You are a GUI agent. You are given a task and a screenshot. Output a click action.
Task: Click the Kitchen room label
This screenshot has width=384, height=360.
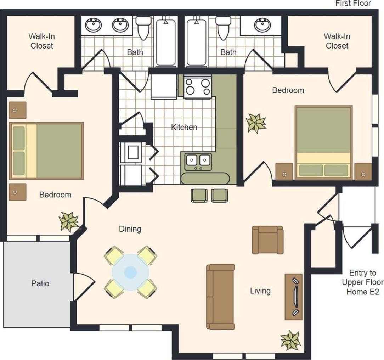[x=184, y=127]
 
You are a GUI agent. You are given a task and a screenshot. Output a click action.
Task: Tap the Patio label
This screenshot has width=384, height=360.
[x=40, y=283]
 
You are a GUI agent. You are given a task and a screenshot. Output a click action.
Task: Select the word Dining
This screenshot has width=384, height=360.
[x=130, y=229]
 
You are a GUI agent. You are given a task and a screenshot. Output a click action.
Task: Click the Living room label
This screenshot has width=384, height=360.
[x=260, y=291]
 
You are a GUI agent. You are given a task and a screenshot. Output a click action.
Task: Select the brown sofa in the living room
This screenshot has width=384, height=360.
[x=220, y=297]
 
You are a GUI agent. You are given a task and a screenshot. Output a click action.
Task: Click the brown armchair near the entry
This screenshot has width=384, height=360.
[x=268, y=240]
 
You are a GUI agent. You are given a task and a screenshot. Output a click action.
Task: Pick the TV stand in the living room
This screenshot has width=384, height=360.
[x=294, y=297]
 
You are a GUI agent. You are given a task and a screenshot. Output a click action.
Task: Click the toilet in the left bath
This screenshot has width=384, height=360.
[x=143, y=28]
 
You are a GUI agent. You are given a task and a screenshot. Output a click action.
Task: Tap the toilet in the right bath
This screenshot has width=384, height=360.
[x=224, y=28]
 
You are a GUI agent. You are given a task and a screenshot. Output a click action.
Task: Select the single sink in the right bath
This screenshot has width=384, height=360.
[x=262, y=25]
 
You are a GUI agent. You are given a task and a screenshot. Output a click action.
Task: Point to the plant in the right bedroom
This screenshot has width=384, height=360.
[x=256, y=123]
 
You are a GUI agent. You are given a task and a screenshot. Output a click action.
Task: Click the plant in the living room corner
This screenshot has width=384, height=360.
[x=290, y=340]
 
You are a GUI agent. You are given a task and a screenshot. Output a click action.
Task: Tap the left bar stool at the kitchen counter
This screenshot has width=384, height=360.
[x=199, y=195]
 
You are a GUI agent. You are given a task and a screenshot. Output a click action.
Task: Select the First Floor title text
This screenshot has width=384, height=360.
[x=353, y=4]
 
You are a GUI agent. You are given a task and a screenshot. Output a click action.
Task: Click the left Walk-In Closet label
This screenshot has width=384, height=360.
[x=42, y=41]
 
